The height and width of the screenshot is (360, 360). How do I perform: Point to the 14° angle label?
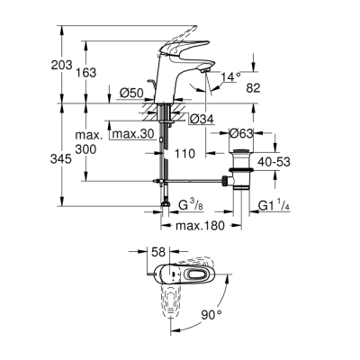(232, 78)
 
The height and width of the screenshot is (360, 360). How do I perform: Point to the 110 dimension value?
(184, 155)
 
